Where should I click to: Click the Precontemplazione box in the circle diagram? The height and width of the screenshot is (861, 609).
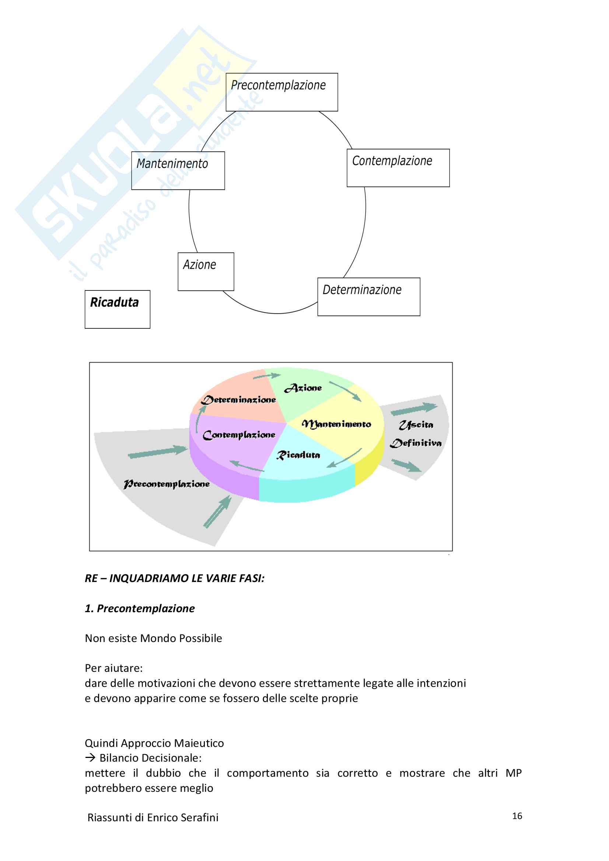(281, 92)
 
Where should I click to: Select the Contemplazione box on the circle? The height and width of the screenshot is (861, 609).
(398, 168)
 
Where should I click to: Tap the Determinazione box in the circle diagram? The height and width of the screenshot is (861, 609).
(368, 297)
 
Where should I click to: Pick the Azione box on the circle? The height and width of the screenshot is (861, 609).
(206, 272)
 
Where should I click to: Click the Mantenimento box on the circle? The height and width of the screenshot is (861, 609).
(178, 171)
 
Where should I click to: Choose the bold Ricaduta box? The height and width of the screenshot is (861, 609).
(117, 309)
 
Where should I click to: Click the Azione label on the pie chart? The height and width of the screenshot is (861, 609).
(303, 388)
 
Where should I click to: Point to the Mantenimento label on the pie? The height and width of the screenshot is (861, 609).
(336, 424)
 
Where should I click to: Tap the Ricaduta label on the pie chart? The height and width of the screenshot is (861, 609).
(298, 455)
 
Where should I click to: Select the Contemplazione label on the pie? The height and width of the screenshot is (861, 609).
(239, 435)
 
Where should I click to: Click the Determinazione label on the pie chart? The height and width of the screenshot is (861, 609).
(239, 400)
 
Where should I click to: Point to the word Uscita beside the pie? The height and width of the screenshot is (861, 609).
(416, 425)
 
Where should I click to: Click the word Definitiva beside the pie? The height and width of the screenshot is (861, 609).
(416, 443)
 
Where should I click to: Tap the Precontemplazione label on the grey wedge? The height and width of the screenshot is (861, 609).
(167, 484)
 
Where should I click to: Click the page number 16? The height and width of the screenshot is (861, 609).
(517, 816)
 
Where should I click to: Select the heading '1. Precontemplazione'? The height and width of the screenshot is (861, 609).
(140, 608)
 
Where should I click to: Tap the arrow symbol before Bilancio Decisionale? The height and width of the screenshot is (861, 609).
(90, 758)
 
